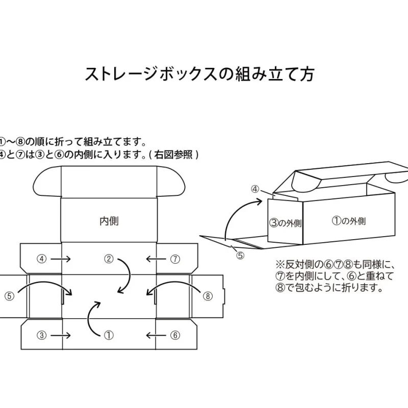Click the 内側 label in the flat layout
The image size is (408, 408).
(109, 221)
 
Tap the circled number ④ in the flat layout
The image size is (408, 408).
(42, 259)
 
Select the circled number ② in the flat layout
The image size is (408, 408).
(109, 259)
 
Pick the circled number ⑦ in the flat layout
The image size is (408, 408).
(175, 259)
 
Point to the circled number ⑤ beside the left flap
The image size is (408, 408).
(9, 295)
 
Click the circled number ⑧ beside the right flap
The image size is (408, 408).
(207, 295)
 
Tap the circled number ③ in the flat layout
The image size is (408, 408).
(42, 335)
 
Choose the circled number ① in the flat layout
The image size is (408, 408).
(109, 335)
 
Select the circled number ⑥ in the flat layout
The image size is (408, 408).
(175, 335)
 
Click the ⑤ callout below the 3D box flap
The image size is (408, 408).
(240, 256)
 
